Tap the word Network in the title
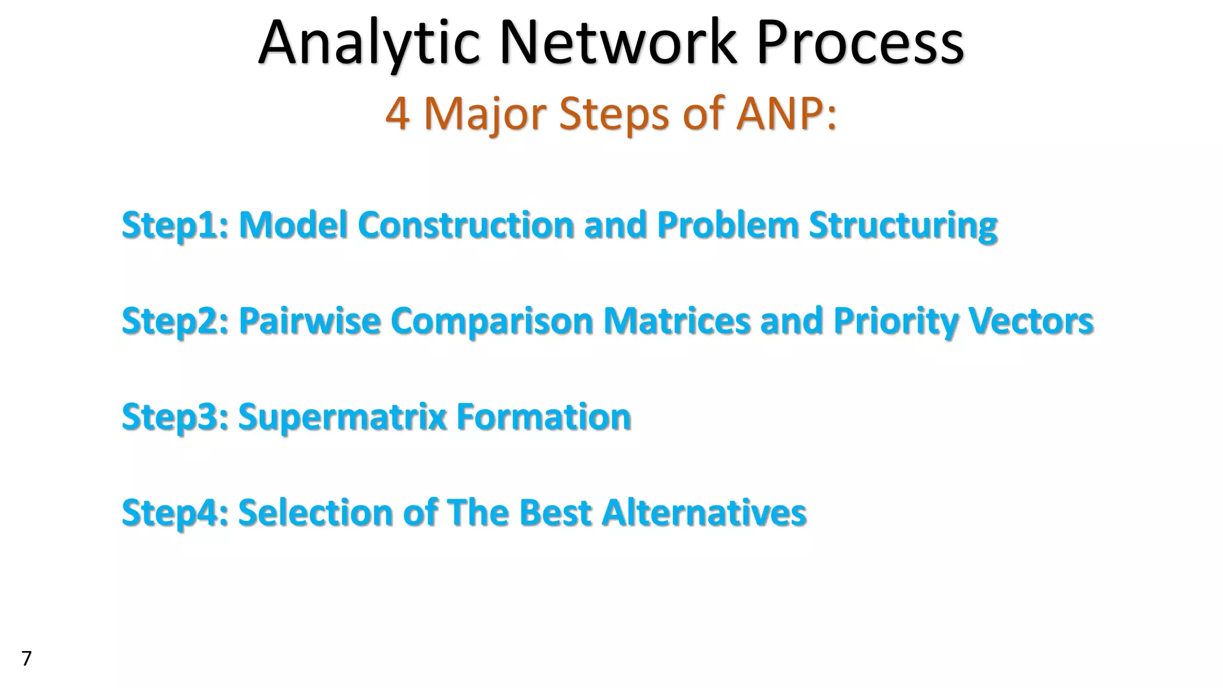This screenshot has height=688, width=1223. tap(617, 43)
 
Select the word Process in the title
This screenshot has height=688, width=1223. tap(860, 43)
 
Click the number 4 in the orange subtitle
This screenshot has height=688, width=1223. tap(397, 113)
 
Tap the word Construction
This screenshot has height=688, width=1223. tap(466, 225)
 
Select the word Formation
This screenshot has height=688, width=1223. tap(543, 417)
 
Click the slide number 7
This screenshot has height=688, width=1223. tap(26, 658)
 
